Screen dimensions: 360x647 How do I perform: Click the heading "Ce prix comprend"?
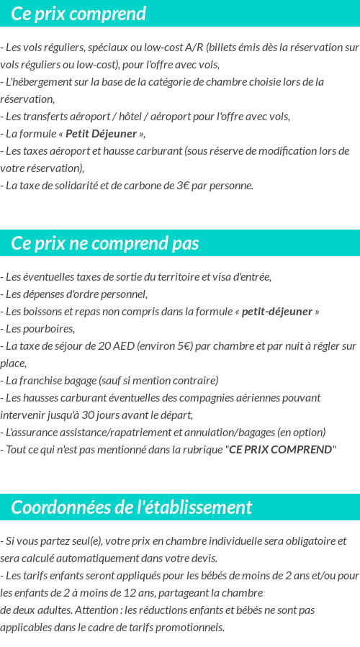tap(78, 14)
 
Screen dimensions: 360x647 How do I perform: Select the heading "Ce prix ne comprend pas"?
tap(105, 243)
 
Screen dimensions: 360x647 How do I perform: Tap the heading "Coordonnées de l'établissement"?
tap(132, 507)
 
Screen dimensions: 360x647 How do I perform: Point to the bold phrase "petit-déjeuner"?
tap(277, 312)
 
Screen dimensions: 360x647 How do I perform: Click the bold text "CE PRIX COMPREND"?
tap(281, 450)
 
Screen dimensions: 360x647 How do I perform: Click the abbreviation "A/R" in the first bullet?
tap(193, 47)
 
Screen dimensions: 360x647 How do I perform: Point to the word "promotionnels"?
tap(189, 627)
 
